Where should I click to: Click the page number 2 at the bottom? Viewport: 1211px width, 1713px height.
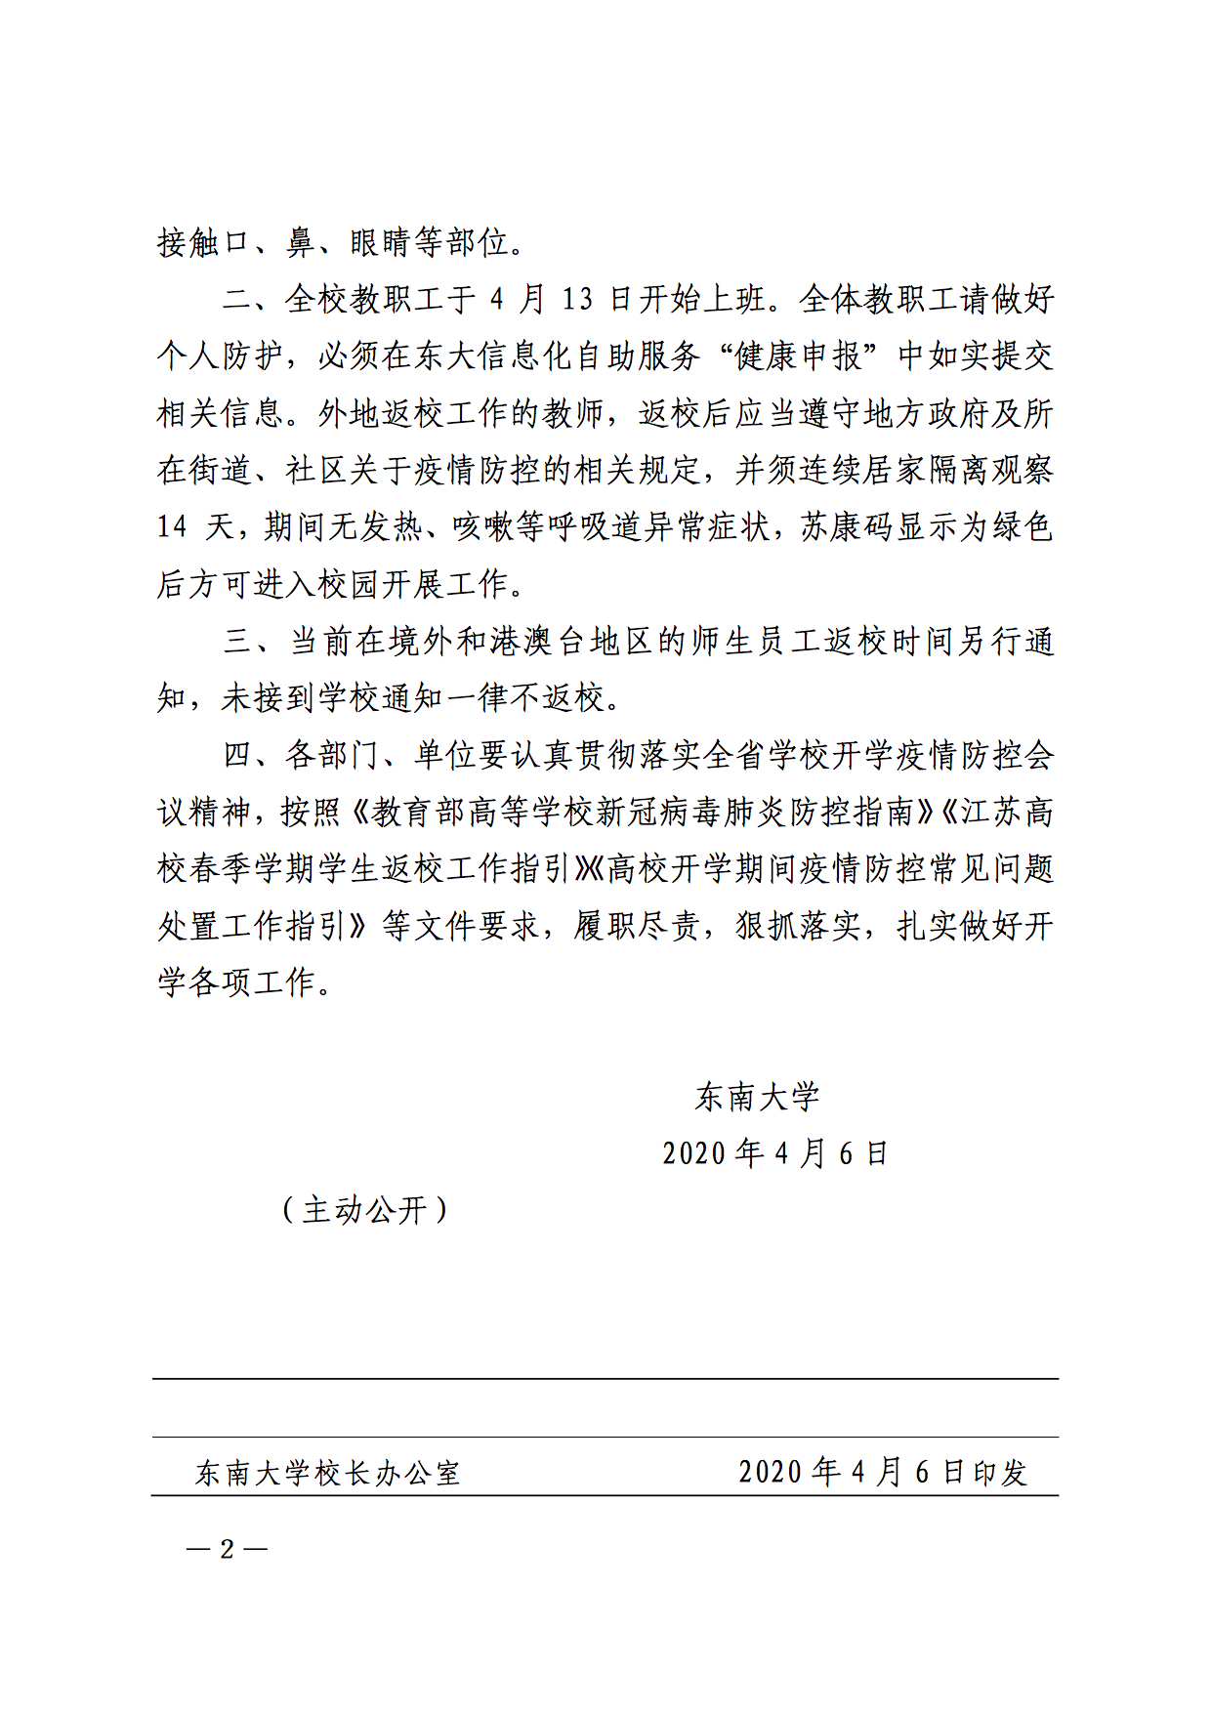[x=228, y=1549]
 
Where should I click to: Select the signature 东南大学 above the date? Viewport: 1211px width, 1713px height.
[x=757, y=1097]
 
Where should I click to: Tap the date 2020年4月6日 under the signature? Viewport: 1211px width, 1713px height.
[x=774, y=1153]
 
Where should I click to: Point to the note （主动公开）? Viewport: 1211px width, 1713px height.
[x=364, y=1210]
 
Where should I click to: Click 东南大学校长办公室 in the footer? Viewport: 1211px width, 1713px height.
[x=328, y=1473]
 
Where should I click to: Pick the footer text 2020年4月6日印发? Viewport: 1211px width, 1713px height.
[x=883, y=1472]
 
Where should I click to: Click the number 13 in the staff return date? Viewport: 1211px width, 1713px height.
[x=577, y=300]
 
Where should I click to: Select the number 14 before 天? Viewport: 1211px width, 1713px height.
[x=172, y=527]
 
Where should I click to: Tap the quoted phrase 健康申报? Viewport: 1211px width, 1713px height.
[x=798, y=356]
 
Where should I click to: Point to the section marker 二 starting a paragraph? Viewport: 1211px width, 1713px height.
[x=237, y=300]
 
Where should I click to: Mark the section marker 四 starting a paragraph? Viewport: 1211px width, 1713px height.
[x=238, y=755]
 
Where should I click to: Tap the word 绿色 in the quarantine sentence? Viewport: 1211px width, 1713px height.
[x=1023, y=527]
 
